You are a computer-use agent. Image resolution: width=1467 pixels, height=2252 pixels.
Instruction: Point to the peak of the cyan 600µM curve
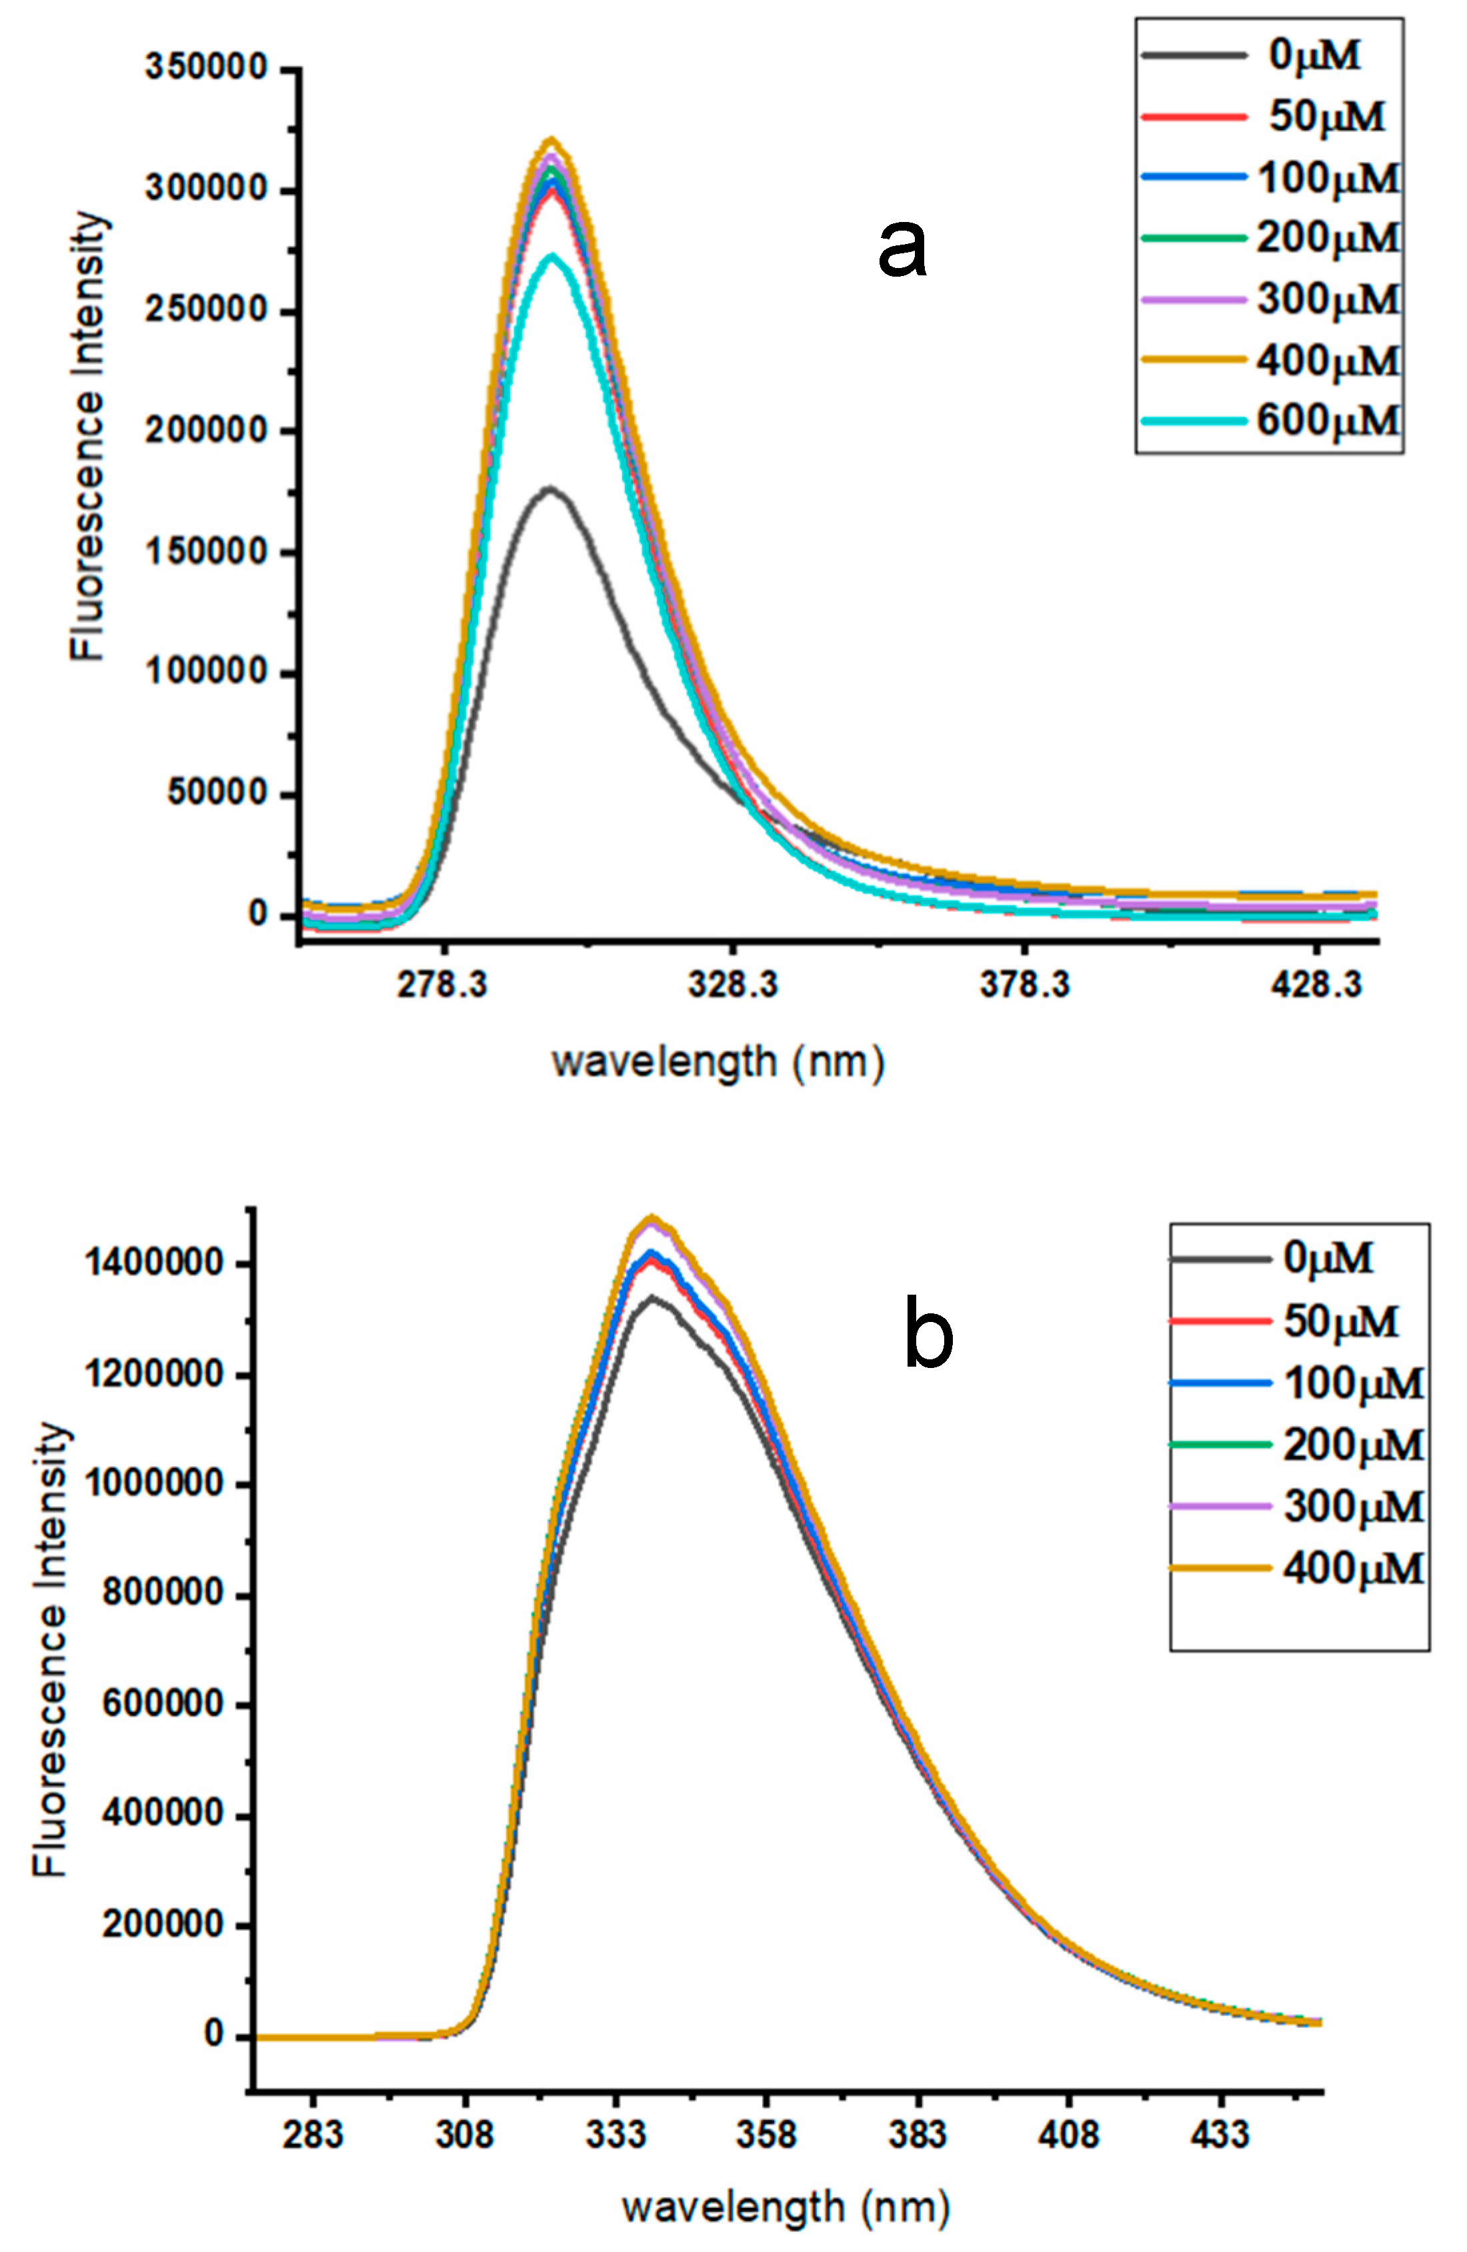(551, 257)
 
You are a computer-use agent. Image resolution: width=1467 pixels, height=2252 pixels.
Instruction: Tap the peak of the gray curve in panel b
(651, 1298)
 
